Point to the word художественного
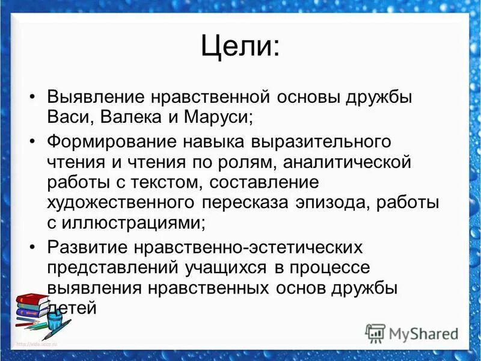point(120,203)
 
